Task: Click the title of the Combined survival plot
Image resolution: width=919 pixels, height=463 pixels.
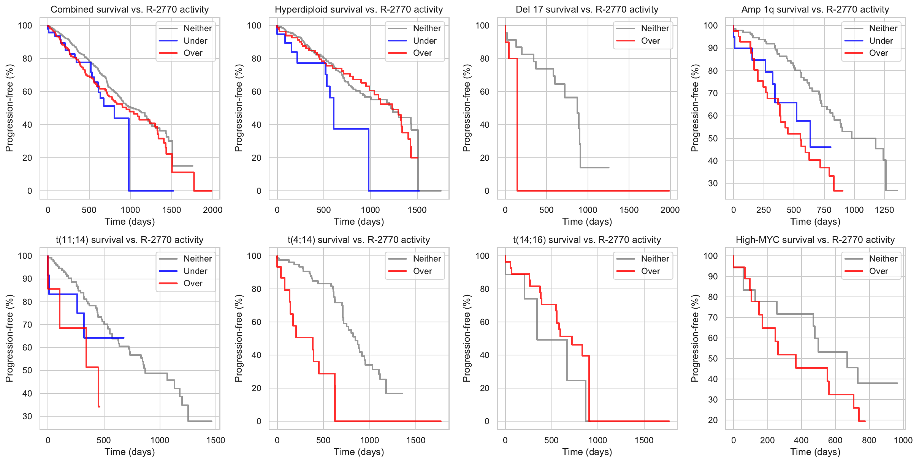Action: click(x=130, y=10)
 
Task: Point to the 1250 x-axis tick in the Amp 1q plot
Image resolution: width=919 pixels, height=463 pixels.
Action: click(x=884, y=210)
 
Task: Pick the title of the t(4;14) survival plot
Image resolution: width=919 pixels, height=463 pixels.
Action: click(x=358, y=240)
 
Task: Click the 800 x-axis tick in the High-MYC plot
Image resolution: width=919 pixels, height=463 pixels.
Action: click(x=869, y=440)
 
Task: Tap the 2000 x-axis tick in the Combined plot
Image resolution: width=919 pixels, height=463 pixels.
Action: click(x=212, y=210)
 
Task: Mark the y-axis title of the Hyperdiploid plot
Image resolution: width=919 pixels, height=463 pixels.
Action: click(x=238, y=108)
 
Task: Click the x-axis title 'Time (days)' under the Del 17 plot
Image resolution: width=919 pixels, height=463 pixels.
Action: click(x=587, y=222)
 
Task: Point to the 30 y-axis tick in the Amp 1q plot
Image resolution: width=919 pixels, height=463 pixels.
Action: click(x=713, y=184)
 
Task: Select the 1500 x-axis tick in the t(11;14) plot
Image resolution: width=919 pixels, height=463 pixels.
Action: click(x=215, y=440)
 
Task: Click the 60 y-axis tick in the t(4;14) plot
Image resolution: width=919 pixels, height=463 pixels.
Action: click(x=257, y=322)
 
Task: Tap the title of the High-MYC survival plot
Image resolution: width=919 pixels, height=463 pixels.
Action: click(x=815, y=240)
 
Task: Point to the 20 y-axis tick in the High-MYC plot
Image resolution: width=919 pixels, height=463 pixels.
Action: click(x=713, y=420)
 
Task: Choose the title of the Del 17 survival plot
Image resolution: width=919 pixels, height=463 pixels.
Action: click(x=587, y=10)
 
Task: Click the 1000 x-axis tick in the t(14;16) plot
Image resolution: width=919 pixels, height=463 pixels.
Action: click(x=597, y=440)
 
